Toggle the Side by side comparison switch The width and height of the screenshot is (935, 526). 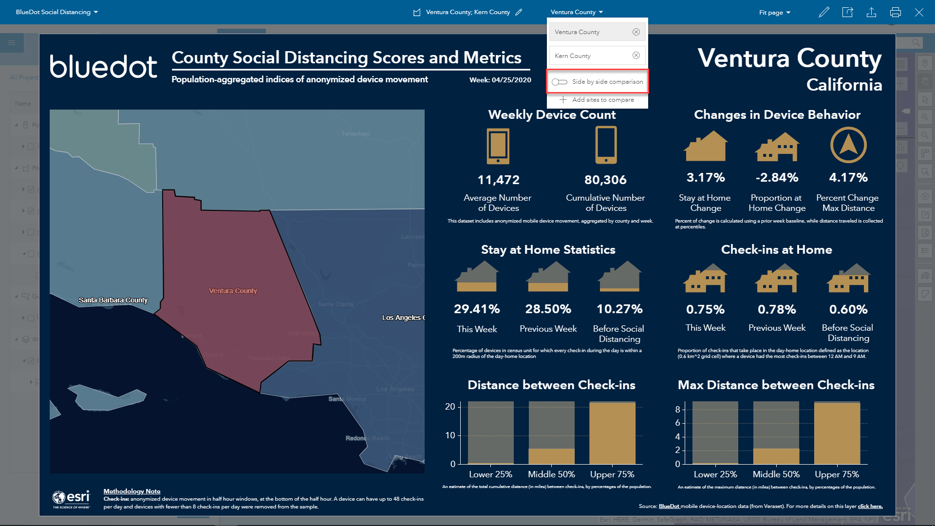click(560, 82)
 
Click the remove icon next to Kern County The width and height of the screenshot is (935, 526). click(636, 56)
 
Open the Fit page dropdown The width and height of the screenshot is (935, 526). click(774, 12)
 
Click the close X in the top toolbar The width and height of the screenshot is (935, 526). click(918, 12)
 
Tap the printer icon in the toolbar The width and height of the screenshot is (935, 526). click(895, 12)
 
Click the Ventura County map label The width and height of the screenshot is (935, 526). click(233, 291)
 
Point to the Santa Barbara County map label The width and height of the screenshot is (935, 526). click(113, 300)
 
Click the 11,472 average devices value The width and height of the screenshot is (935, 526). click(498, 180)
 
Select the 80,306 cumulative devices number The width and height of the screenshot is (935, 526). click(605, 180)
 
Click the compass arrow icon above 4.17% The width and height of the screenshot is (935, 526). click(848, 145)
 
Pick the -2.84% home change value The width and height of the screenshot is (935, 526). click(777, 177)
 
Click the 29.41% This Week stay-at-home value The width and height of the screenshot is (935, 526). click(477, 309)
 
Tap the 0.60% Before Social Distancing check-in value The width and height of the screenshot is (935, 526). click(848, 309)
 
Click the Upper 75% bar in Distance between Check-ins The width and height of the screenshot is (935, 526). click(612, 432)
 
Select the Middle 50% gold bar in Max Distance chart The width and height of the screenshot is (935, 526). click(776, 456)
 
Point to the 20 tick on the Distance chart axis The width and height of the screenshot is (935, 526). click(450, 407)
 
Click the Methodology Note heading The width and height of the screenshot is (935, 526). click(131, 491)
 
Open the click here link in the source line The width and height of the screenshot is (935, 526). click(870, 506)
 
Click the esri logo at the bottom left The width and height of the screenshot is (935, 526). click(72, 498)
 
